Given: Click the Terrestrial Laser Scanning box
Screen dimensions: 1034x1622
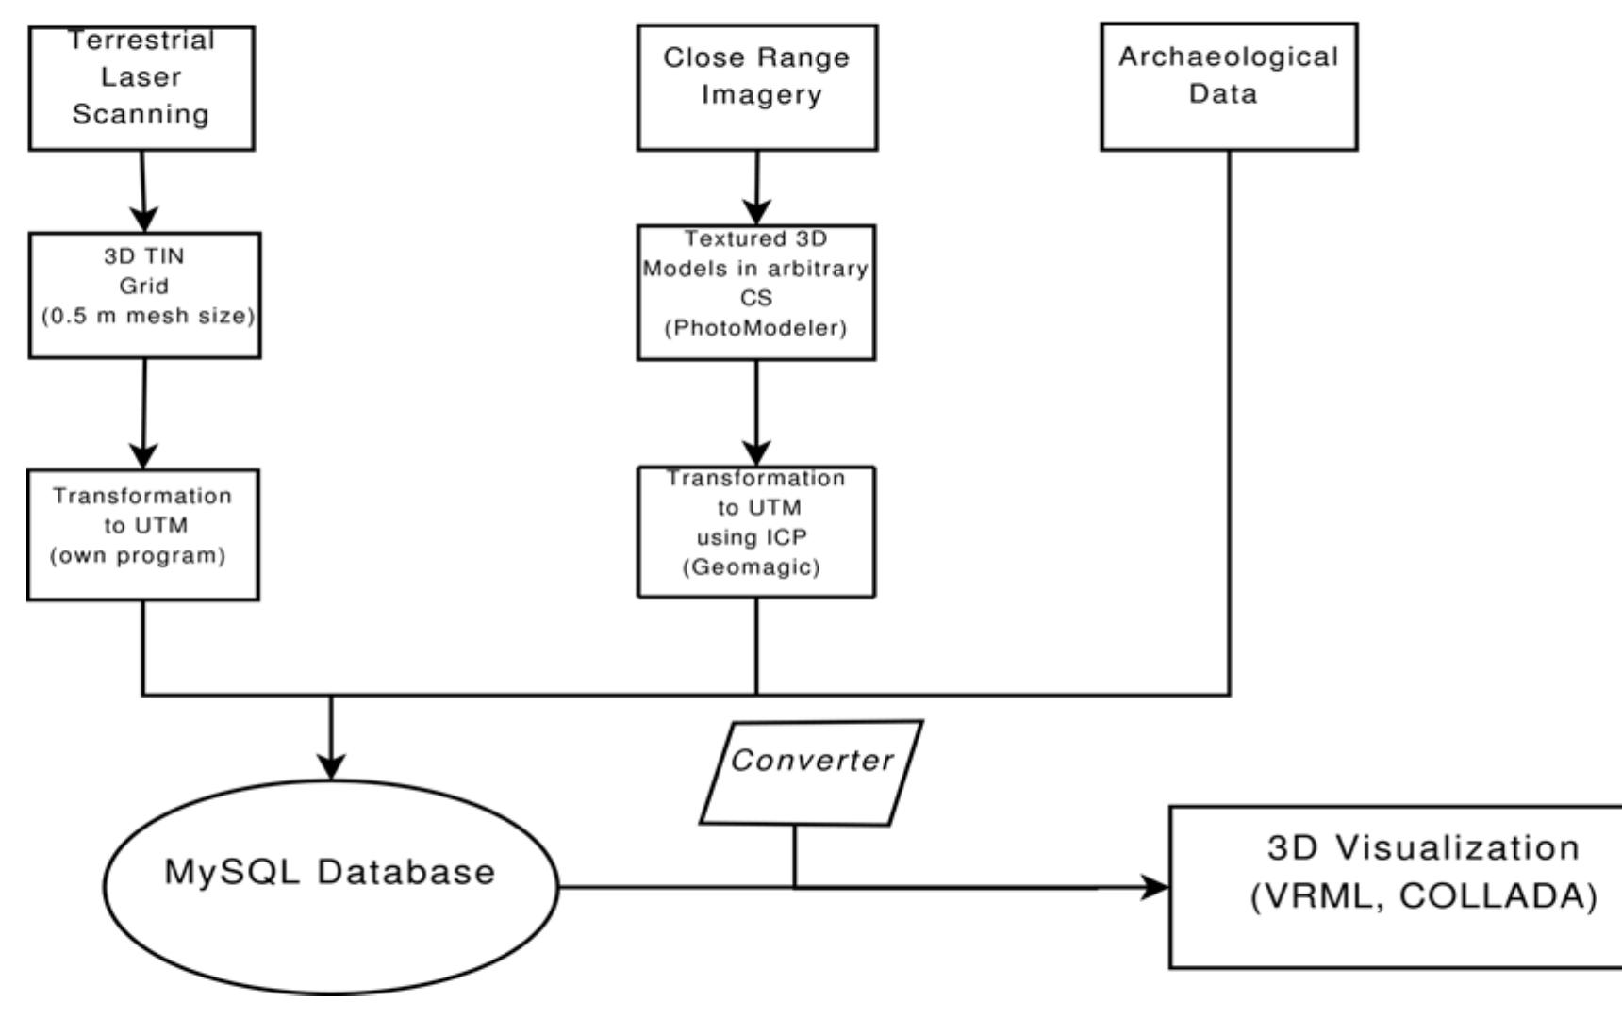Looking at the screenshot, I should pyautogui.click(x=141, y=89).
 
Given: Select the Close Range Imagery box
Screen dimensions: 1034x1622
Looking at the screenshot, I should pyautogui.click(x=756, y=88).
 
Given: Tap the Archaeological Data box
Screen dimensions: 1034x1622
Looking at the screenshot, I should pyautogui.click(x=1229, y=87).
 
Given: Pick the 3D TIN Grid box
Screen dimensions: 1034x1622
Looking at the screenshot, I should pyautogui.click(x=144, y=295).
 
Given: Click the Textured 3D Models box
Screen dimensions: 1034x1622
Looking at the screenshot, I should pyautogui.click(x=756, y=292).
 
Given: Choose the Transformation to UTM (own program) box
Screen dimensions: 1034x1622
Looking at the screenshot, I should pyautogui.click(x=143, y=534).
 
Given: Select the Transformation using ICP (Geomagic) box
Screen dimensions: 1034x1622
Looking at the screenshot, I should pyautogui.click(x=756, y=532).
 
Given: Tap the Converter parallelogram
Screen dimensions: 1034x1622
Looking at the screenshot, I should pyautogui.click(x=811, y=773).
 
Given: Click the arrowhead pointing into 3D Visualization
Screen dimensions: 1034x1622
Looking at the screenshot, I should pyautogui.click(x=1155, y=887).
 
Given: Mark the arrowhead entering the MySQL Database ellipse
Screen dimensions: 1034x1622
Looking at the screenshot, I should pyautogui.click(x=331, y=766).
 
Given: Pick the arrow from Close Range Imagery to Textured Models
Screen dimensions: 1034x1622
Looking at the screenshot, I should pyautogui.click(x=757, y=188).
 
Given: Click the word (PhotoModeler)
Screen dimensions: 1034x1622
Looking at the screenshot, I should pyautogui.click(x=756, y=328).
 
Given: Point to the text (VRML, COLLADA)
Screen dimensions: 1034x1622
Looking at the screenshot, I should pyautogui.click(x=1424, y=896).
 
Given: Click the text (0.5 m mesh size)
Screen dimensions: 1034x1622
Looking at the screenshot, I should pyautogui.click(x=148, y=316).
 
